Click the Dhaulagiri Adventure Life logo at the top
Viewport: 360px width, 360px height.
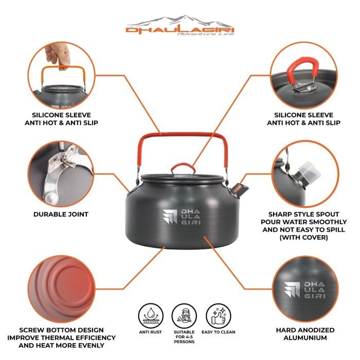tap(180, 25)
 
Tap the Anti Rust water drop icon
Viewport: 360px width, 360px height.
tap(151, 316)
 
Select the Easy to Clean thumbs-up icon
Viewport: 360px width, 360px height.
tap(219, 316)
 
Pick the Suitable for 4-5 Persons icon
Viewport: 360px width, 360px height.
tap(184, 316)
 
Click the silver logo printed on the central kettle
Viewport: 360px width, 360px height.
tap(182, 217)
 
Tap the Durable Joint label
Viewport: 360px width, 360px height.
tap(61, 214)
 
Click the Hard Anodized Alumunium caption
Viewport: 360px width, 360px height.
tap(305, 334)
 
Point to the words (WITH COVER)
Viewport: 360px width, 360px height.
tap(303, 238)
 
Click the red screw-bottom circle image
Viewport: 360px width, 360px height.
tap(62, 289)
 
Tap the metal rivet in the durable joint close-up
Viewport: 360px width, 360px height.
tap(51, 197)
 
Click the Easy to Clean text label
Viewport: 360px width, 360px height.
tap(219, 332)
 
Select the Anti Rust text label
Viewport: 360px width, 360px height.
tap(150, 332)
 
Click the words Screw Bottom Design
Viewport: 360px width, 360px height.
tap(62, 330)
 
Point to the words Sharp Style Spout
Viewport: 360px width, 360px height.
tap(303, 214)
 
